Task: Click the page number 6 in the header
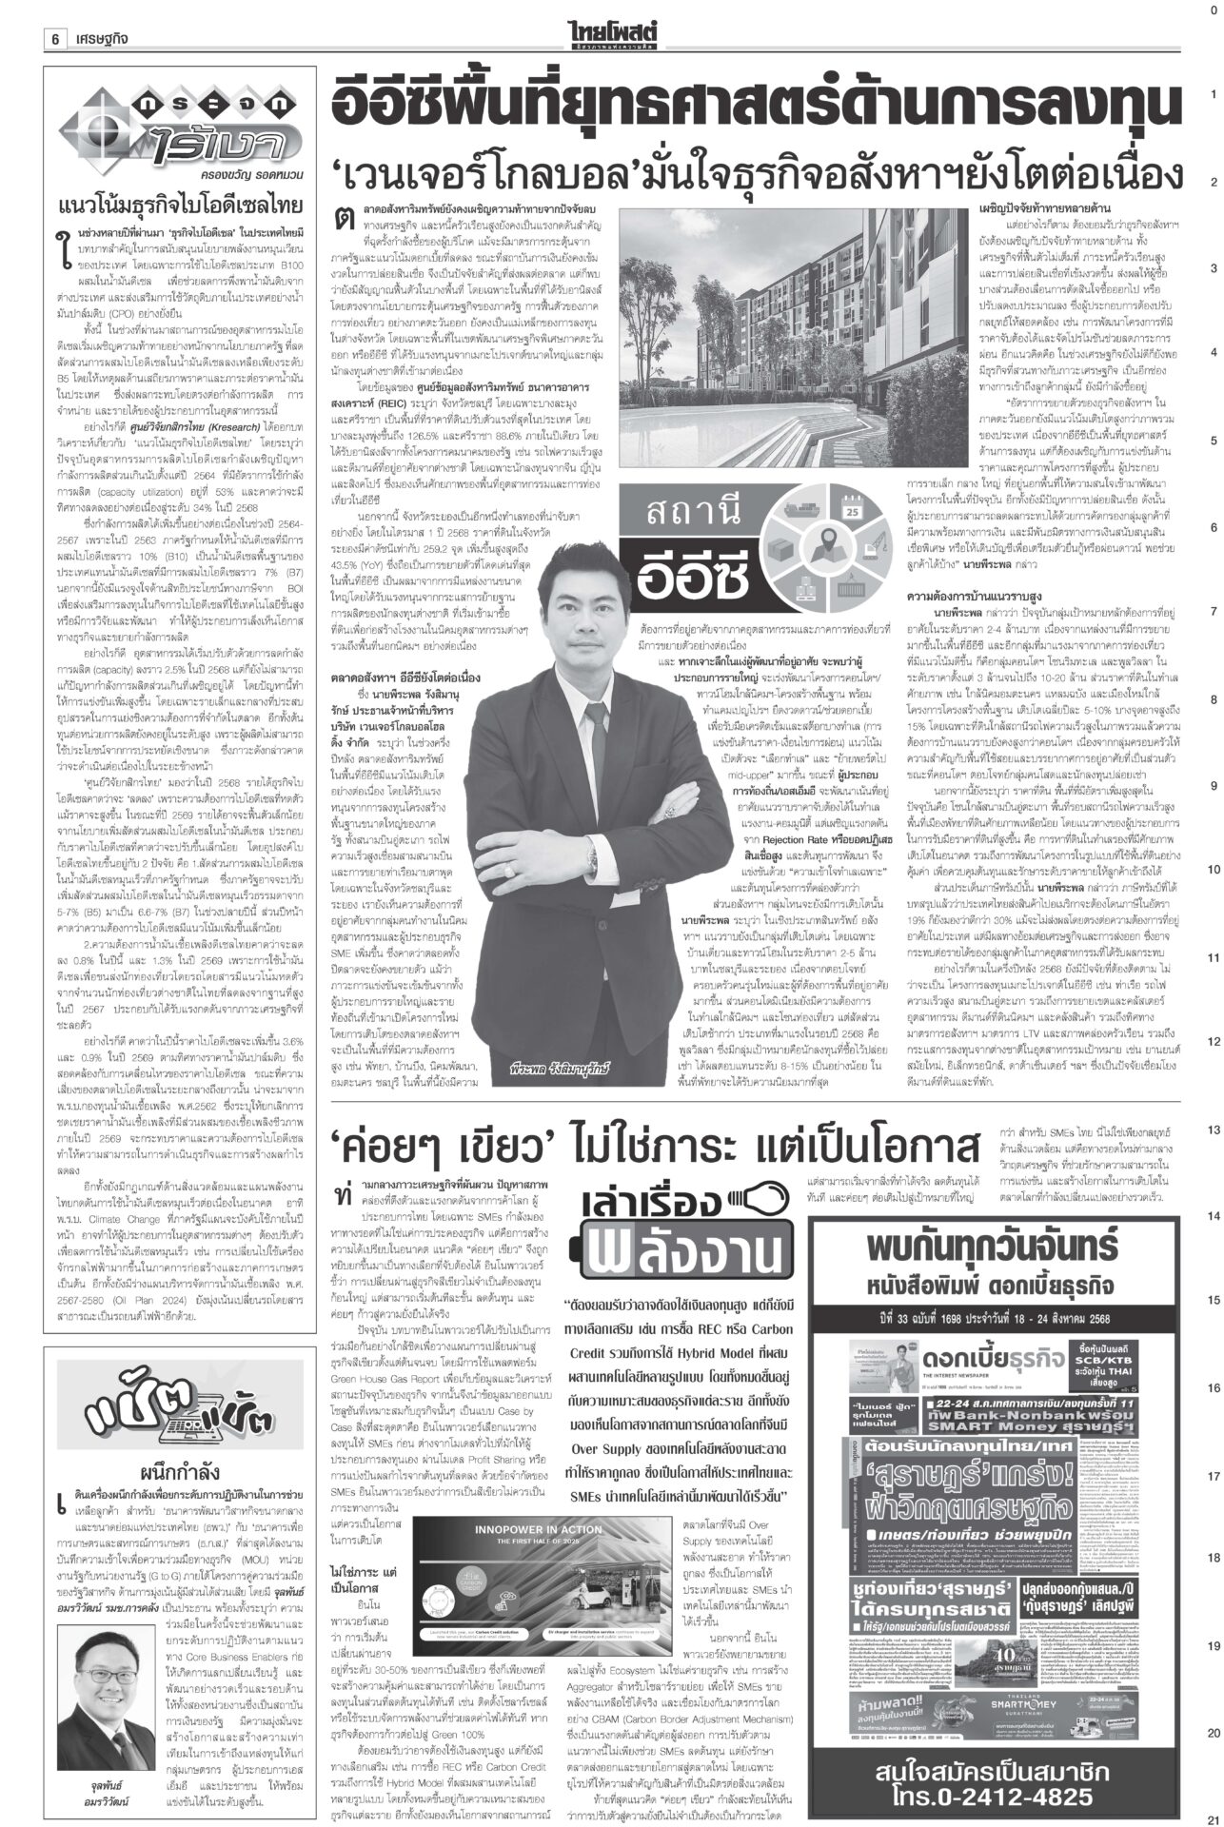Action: [56, 38]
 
